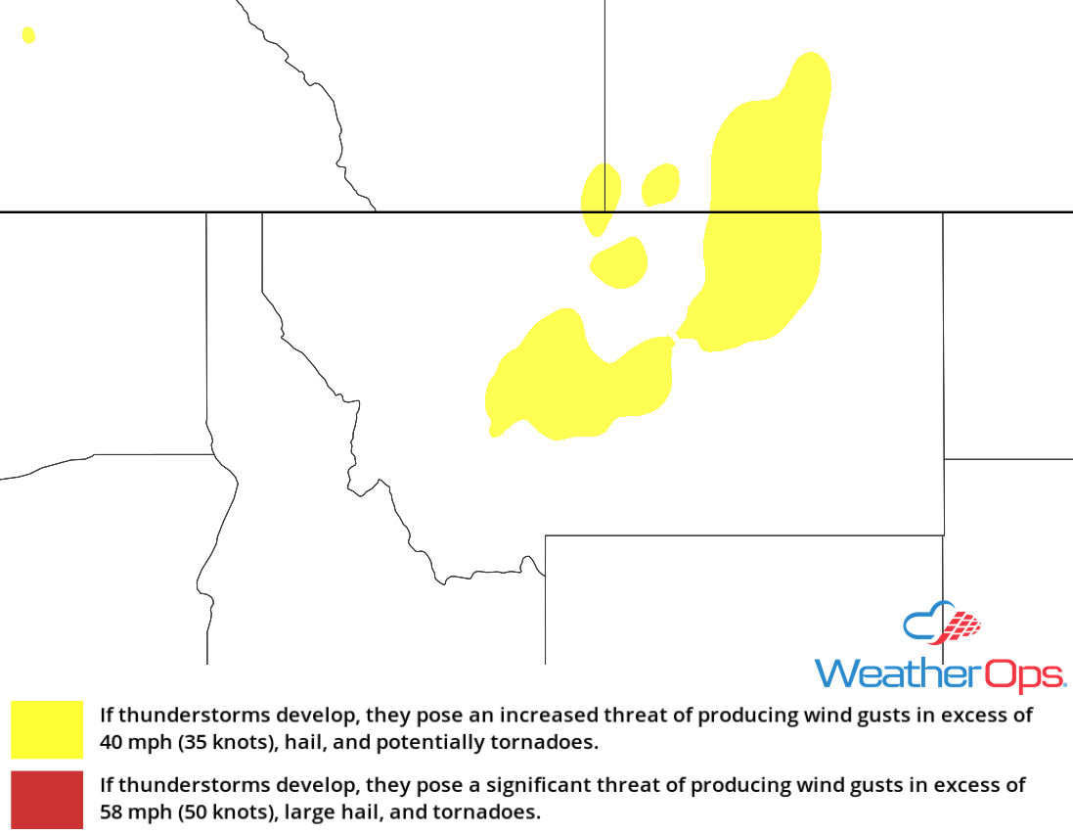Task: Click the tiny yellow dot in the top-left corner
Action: tap(28, 35)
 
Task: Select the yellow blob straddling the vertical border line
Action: tap(600, 199)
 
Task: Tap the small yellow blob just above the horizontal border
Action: tap(661, 184)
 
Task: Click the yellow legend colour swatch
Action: tap(47, 729)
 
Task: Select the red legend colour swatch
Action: tap(47, 800)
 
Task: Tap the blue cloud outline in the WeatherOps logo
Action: tap(924, 624)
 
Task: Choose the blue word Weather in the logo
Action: tap(896, 674)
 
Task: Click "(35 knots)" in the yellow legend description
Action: tap(226, 742)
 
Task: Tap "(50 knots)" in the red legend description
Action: tap(226, 811)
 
